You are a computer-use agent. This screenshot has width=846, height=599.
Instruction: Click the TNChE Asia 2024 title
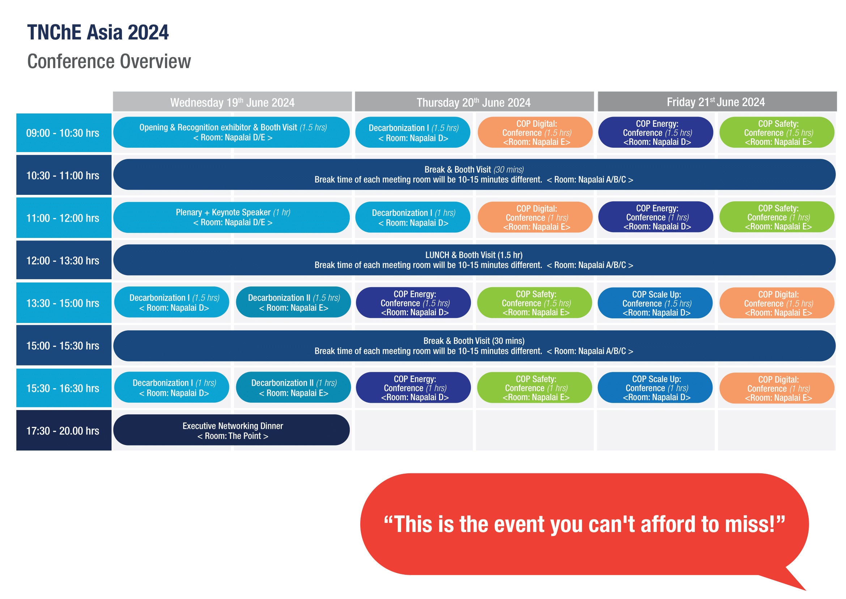pyautogui.click(x=98, y=33)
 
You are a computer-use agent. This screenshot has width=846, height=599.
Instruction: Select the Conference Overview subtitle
pyautogui.click(x=109, y=61)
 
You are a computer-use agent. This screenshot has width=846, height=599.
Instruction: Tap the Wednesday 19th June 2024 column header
pyautogui.click(x=232, y=102)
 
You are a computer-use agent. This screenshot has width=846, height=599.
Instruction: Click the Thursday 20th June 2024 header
pyautogui.click(x=473, y=102)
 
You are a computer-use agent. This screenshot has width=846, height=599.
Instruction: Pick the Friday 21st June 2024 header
pyautogui.click(x=715, y=102)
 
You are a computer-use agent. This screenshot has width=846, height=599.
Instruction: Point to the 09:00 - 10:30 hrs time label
pyautogui.click(x=63, y=133)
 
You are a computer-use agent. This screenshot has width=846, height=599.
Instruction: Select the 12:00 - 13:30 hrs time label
pyautogui.click(x=63, y=260)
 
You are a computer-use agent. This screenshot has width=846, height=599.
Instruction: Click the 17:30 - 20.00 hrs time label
pyautogui.click(x=63, y=431)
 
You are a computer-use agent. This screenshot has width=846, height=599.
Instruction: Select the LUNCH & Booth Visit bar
pyautogui.click(x=474, y=260)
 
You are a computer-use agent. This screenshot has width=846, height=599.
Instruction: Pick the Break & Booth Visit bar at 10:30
pyautogui.click(x=474, y=175)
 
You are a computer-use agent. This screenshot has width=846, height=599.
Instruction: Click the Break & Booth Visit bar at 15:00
pyautogui.click(x=474, y=345)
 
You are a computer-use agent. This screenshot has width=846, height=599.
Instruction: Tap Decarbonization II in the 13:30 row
pyautogui.click(x=293, y=302)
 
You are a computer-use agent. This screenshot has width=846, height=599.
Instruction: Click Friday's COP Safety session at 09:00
pyautogui.click(x=778, y=133)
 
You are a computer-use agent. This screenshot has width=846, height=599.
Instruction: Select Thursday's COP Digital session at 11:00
pyautogui.click(x=536, y=217)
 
